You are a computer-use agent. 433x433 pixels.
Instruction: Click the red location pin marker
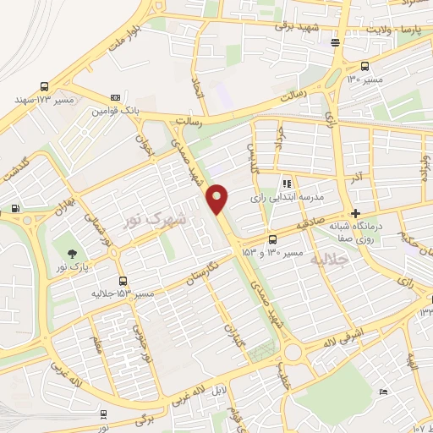click(217, 198)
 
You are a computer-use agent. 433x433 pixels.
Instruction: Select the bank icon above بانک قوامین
click(115, 98)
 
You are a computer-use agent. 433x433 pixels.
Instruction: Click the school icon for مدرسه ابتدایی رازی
click(288, 183)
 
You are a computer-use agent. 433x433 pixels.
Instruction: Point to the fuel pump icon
click(15, 209)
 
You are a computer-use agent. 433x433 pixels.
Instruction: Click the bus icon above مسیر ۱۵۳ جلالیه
click(123, 281)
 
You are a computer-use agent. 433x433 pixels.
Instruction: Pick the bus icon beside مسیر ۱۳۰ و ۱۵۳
click(271, 239)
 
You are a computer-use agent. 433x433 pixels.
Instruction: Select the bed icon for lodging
click(384, 392)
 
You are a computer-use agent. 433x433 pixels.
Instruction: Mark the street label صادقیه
click(319, 221)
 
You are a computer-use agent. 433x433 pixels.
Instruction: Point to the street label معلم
click(96, 346)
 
